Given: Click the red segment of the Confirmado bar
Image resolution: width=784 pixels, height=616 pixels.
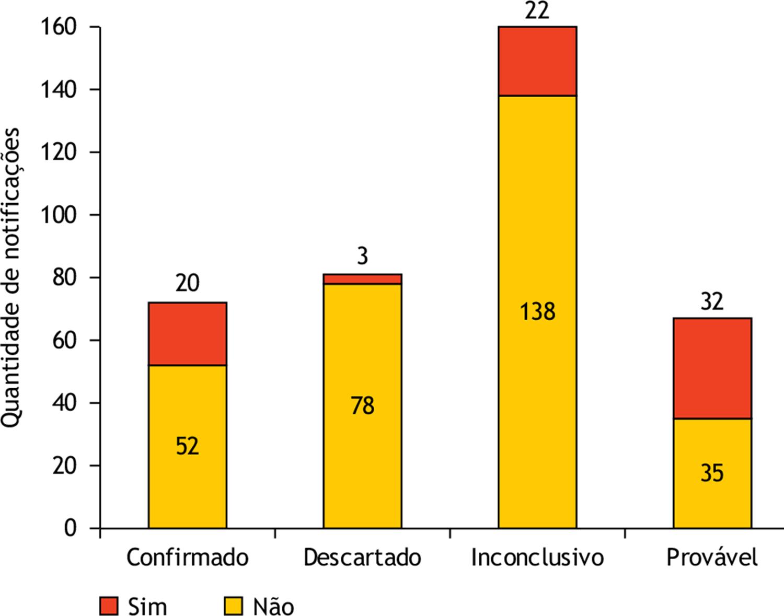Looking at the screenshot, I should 187,334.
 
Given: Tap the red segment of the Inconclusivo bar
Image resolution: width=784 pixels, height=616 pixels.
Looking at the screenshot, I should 537,61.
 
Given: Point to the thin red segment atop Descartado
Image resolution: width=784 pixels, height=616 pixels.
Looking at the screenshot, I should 362,279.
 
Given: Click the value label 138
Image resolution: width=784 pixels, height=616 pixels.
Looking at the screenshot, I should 537,312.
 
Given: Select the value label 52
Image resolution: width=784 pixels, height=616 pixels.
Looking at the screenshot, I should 187,447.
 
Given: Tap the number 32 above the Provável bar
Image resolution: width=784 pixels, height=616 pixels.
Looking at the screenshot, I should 712,302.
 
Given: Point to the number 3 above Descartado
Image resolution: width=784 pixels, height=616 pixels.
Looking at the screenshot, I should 362,257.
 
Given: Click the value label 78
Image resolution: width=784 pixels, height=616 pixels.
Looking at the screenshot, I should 362,406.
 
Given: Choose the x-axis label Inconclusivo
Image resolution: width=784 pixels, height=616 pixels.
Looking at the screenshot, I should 537,557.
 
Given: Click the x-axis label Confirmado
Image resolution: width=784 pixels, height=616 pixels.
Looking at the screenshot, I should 187,557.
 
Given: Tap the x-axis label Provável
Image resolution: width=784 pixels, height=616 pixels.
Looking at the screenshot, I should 712,557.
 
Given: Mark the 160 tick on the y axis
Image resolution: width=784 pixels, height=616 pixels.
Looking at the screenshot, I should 58,27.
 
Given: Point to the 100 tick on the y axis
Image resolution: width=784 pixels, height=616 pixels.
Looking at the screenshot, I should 58,215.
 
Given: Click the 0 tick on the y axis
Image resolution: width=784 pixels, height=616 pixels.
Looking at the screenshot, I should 70,528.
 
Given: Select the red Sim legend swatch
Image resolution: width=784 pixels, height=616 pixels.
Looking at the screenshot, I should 109,606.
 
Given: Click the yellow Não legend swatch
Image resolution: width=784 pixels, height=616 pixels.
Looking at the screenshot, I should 234,606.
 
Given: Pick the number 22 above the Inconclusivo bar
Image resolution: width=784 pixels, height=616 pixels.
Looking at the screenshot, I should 537,11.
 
